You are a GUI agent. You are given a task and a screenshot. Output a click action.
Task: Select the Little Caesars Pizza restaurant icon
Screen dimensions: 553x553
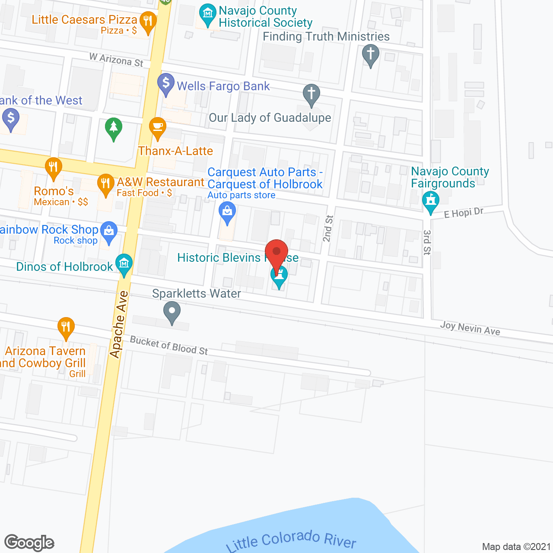(148, 21)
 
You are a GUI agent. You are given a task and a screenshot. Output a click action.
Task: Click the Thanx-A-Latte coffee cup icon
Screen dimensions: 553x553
(158, 127)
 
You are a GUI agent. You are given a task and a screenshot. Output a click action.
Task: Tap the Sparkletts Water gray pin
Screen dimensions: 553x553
(172, 311)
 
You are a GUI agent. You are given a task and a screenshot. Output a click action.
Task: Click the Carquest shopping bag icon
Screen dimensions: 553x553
(227, 212)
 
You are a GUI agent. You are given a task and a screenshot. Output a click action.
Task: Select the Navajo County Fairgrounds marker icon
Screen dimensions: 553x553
(431, 201)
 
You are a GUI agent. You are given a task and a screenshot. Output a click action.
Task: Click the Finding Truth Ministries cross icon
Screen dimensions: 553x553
(370, 55)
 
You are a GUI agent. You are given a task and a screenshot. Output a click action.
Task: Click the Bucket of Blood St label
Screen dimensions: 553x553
(169, 345)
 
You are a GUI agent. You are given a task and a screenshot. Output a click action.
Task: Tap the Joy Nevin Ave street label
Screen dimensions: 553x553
(470, 328)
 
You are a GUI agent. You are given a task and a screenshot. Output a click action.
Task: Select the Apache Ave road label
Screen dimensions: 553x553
(119, 324)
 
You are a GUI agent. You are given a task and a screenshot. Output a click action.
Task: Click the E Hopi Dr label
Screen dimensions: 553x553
(464, 213)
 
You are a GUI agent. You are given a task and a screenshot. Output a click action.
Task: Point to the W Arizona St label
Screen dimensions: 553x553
(116, 60)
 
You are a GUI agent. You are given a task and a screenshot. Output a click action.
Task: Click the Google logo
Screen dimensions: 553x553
(29, 543)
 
